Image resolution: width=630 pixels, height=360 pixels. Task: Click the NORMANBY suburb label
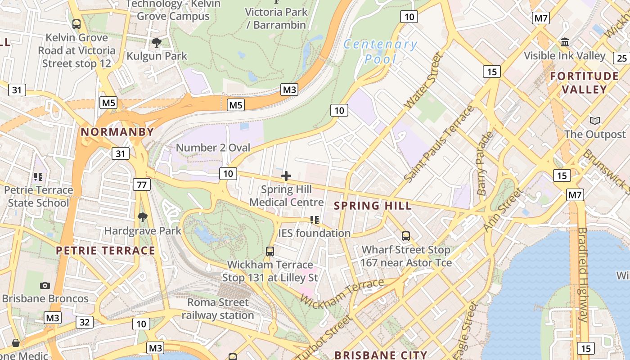[x=117, y=132]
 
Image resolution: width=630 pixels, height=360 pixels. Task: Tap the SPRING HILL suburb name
[x=373, y=206]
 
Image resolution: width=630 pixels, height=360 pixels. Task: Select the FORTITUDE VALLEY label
[x=584, y=83]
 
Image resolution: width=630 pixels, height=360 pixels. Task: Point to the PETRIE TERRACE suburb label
[x=105, y=251]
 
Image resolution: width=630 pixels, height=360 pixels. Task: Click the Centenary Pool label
[x=380, y=51]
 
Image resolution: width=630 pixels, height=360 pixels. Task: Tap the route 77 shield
[x=141, y=184]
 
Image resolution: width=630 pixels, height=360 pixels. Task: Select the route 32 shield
[x=85, y=322]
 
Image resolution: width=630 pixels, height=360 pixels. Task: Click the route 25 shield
[x=621, y=58]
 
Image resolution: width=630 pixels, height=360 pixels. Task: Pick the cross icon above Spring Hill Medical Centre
[x=286, y=176]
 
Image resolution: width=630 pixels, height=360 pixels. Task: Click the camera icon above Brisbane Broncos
[x=45, y=285]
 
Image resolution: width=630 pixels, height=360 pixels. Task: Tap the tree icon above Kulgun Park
[x=156, y=43]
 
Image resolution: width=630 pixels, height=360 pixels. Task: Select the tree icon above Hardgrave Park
[x=142, y=217]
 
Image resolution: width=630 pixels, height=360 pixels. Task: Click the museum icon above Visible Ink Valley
[x=564, y=42]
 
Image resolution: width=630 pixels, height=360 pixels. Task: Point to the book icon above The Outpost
[x=594, y=121]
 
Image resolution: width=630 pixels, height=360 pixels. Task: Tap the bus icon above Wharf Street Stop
[x=405, y=236]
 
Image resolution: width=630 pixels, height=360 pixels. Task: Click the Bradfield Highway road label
[x=582, y=274]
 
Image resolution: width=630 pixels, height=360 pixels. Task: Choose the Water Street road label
[x=423, y=81]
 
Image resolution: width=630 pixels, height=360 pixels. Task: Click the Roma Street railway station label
[x=218, y=309]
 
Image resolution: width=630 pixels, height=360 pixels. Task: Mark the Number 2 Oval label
[x=213, y=148]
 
